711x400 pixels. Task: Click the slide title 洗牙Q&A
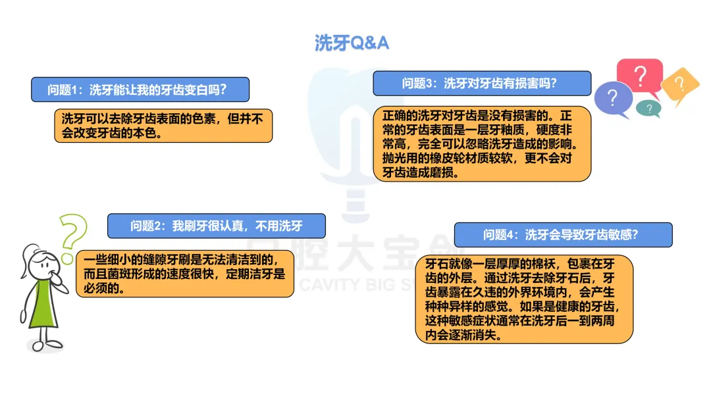[352, 43]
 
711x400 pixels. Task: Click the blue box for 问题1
[140, 89]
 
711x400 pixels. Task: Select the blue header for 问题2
[216, 226]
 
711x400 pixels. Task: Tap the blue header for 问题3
[482, 84]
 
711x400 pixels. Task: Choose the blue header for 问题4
[563, 235]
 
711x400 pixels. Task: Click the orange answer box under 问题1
[163, 126]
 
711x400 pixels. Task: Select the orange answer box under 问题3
[482, 144]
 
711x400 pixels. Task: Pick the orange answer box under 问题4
[524, 299]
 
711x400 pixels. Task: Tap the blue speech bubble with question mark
[612, 99]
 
